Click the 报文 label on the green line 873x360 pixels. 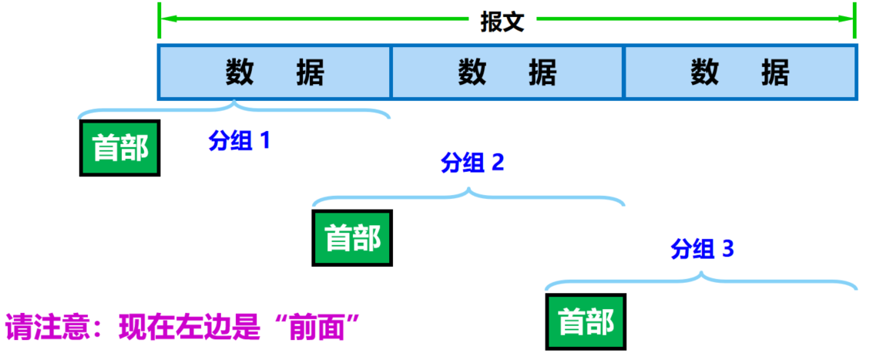[x=502, y=22]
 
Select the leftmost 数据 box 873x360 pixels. [x=274, y=72]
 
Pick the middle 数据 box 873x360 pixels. [x=507, y=72]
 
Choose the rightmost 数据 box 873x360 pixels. [x=740, y=72]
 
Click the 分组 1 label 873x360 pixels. [x=240, y=141]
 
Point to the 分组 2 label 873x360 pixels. [x=472, y=163]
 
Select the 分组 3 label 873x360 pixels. [x=702, y=249]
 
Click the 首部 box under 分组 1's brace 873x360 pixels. [x=119, y=148]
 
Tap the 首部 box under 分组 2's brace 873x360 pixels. [x=352, y=238]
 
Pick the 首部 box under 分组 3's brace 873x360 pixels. [x=586, y=322]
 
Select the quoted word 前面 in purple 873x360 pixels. [x=324, y=328]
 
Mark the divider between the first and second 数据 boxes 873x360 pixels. [x=391, y=72]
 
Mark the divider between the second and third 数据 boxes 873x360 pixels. [x=624, y=72]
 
